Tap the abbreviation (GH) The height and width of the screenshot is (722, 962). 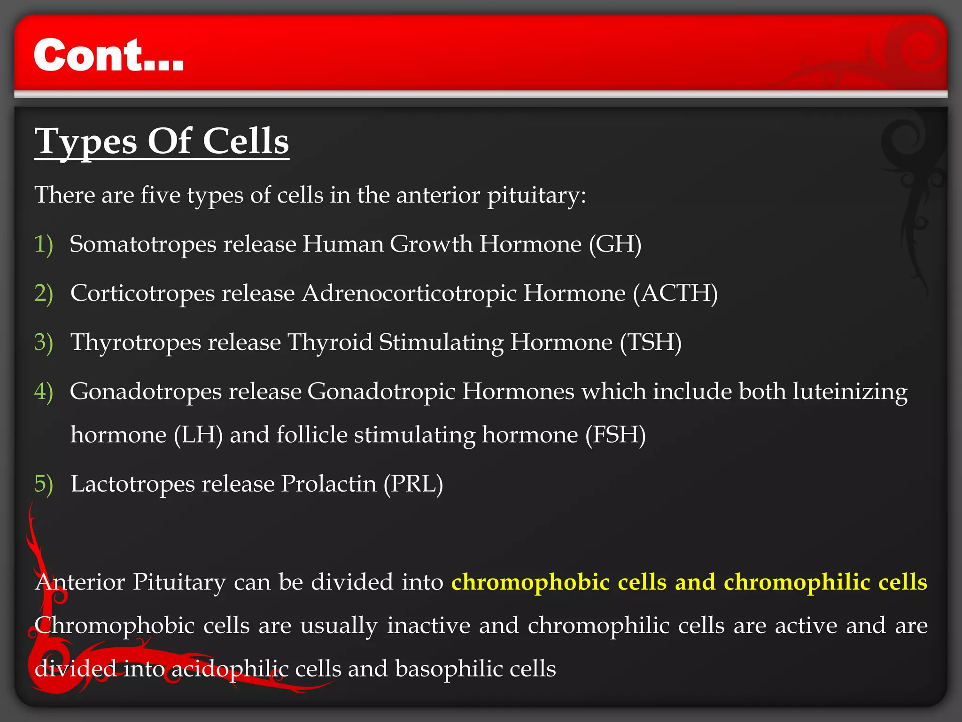coord(615,244)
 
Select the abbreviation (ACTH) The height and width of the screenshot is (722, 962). coord(675,294)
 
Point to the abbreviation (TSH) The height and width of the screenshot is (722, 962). coord(651,343)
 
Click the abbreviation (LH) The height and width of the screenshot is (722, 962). coord(198,435)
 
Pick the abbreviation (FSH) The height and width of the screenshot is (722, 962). coord(615,435)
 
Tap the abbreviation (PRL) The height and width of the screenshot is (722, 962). coord(413,484)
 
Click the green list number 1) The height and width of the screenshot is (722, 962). coord(44,244)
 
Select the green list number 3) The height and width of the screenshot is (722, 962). coord(44,343)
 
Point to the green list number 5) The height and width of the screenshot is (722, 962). coord(44,484)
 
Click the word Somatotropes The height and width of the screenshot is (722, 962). coord(143,244)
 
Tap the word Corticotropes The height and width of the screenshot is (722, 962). coord(142,294)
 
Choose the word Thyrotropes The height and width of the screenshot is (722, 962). coord(136,343)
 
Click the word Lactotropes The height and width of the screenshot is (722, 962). coord(132,484)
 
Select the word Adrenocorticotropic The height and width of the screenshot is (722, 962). coord(409,294)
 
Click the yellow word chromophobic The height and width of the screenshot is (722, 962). coord(530,582)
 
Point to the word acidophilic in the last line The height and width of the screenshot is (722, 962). coord(230,669)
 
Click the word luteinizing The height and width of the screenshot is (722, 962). coord(850,392)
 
